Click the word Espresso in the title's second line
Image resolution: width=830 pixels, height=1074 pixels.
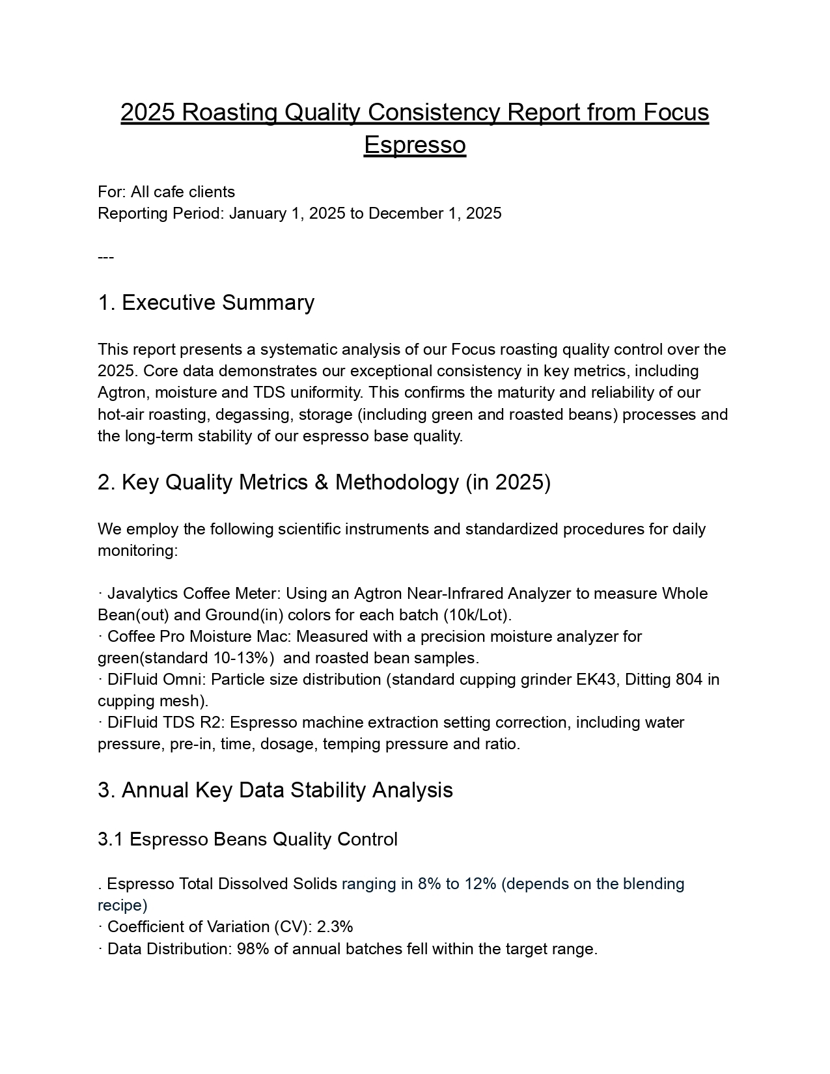tap(415, 145)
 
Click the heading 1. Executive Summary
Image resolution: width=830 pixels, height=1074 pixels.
tap(206, 303)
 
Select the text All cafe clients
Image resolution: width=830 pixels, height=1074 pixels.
tap(183, 192)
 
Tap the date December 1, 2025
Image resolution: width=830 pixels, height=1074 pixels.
tap(435, 213)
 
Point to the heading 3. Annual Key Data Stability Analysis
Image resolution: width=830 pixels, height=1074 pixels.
tap(275, 790)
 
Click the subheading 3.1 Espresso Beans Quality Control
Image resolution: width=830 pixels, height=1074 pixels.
tap(247, 840)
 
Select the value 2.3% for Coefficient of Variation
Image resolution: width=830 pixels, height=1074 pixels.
tap(335, 927)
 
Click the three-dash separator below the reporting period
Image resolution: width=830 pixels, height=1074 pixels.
tap(106, 257)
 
